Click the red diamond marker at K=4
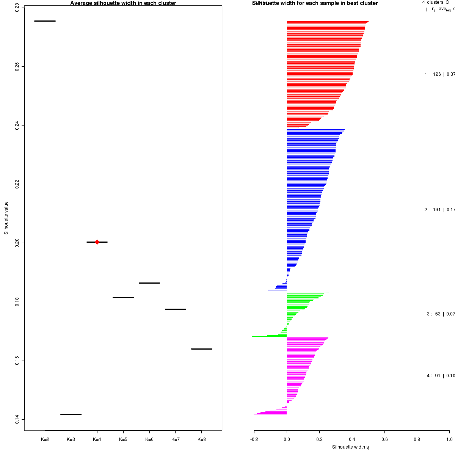[97, 242]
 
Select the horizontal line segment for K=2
[45, 21]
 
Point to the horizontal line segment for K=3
[71, 414]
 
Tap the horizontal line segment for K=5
[123, 297]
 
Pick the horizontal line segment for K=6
[149, 283]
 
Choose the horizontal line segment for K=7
[176, 309]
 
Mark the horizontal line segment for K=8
[202, 348]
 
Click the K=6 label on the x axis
[149, 439]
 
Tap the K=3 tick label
[71, 439]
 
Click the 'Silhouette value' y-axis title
[6, 218]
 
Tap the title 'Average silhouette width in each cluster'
[123, 3]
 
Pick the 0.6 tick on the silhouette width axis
[384, 439]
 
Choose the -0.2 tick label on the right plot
[254, 439]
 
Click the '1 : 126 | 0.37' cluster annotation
[439, 74]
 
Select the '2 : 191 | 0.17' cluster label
[439, 210]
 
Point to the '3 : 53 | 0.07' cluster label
[441, 314]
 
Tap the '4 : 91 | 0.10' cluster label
[441, 376]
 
